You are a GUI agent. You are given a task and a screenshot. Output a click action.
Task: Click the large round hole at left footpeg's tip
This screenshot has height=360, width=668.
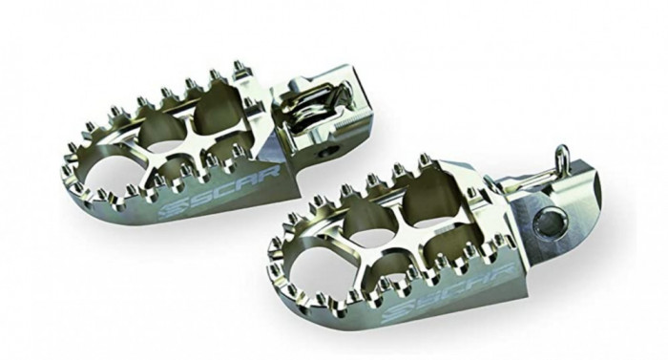pos(103,174)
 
